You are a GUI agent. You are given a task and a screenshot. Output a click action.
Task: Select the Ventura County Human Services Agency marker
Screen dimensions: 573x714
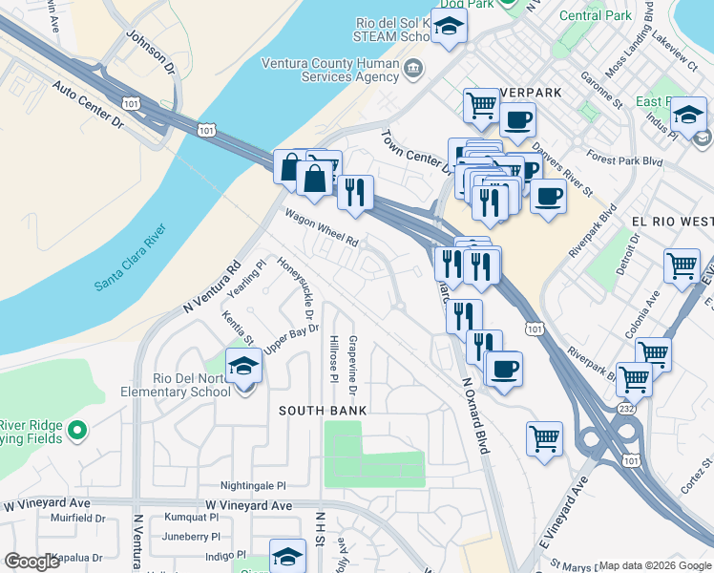(412, 68)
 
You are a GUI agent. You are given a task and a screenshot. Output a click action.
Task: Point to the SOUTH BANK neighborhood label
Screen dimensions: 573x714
(323, 410)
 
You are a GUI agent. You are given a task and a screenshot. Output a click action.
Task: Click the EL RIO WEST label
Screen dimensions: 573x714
(672, 220)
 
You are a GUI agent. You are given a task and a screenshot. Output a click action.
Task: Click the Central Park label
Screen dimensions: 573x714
(595, 16)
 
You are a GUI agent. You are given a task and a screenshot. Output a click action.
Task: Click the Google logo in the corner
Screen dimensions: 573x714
(31, 562)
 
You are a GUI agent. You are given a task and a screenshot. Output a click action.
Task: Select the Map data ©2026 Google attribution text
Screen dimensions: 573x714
(655, 565)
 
